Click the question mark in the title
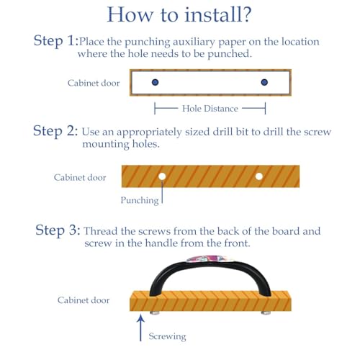(246, 14)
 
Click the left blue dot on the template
(156, 82)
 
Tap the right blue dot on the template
(264, 82)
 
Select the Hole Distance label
(210, 109)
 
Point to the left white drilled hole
(162, 176)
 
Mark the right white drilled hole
(259, 176)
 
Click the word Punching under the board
(140, 200)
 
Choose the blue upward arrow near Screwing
(140, 328)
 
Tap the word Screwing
(167, 336)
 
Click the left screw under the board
(155, 312)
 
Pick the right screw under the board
(266, 312)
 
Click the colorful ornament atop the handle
(210, 259)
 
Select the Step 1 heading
(56, 41)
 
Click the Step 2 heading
(55, 131)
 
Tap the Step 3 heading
(58, 230)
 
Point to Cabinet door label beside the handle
(84, 300)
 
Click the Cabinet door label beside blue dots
(94, 83)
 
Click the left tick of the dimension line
(155, 109)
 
